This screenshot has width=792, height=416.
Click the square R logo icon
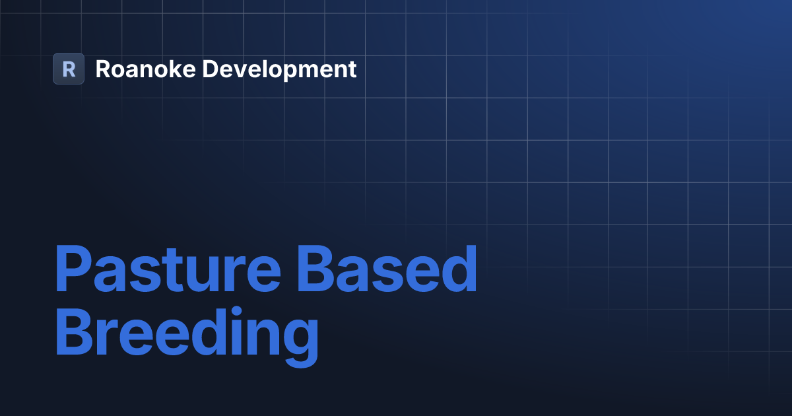[69, 69]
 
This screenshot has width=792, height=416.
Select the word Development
[280, 69]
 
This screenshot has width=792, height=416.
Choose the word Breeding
[186, 337]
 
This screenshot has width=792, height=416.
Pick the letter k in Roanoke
[172, 69]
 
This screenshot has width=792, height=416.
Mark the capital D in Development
[210, 69]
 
